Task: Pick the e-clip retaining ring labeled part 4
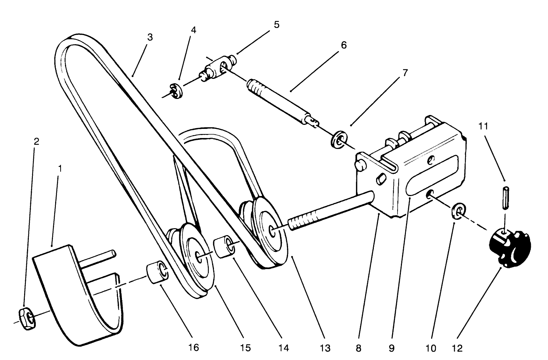(x=176, y=91)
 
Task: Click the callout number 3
(x=150, y=37)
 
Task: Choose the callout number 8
(x=358, y=348)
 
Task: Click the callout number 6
(x=343, y=45)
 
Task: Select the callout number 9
(x=391, y=348)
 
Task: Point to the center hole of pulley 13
(x=272, y=230)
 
